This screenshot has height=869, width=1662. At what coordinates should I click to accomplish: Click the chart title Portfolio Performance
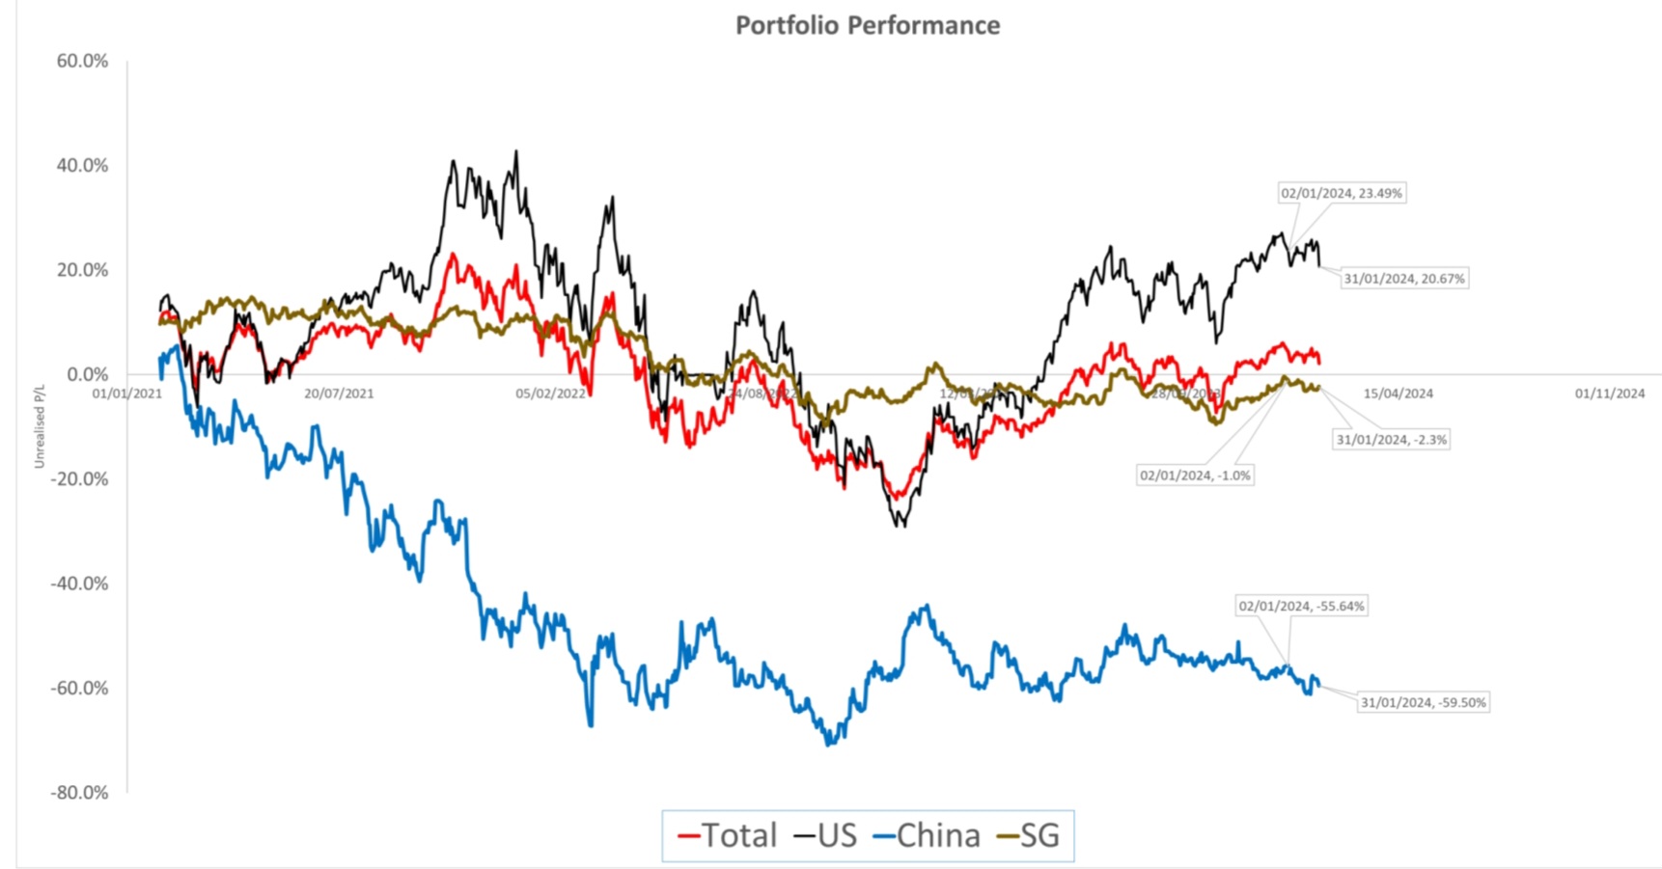867,25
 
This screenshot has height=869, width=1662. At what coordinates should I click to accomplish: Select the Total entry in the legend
729,835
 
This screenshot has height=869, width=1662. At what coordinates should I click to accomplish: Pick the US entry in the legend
826,835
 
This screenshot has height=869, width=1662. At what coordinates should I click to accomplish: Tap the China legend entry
927,835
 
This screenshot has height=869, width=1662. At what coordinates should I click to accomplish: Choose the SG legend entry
1029,835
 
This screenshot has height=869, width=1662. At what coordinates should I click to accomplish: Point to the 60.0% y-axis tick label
82,61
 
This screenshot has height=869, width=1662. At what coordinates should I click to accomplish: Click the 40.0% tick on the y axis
82,165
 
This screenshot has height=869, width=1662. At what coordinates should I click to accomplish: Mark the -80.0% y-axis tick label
79,792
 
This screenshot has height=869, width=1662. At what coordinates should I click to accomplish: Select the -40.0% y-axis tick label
79,584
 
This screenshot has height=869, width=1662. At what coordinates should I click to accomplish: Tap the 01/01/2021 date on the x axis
126,394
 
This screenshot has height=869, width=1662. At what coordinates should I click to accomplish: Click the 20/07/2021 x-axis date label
338,394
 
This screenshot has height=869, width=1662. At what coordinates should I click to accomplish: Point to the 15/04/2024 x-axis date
1398,394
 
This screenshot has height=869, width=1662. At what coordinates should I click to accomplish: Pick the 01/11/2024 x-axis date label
1609,394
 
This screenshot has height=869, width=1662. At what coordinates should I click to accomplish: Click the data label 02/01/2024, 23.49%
1341,193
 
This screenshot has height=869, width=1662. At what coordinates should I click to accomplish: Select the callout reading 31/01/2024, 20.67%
1404,279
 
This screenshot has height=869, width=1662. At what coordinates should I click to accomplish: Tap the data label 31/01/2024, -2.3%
1391,440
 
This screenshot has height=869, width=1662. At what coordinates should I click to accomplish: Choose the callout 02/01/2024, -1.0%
1195,475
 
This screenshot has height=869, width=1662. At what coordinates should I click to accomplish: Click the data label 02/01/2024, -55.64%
1301,607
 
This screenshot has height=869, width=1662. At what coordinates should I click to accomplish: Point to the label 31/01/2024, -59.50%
1423,703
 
